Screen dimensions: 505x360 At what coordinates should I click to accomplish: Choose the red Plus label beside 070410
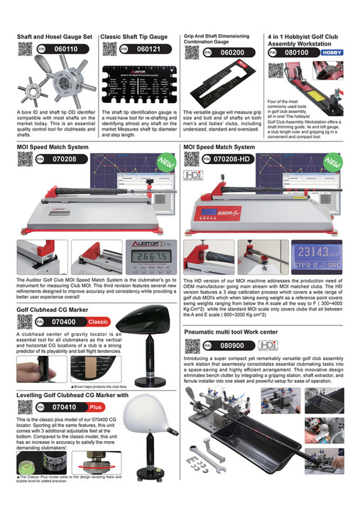(96, 408)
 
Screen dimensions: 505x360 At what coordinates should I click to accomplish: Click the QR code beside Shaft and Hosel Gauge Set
(26, 49)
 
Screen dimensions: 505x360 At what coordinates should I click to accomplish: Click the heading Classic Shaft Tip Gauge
(134, 36)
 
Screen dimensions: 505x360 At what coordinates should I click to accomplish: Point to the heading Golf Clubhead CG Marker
(52, 310)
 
